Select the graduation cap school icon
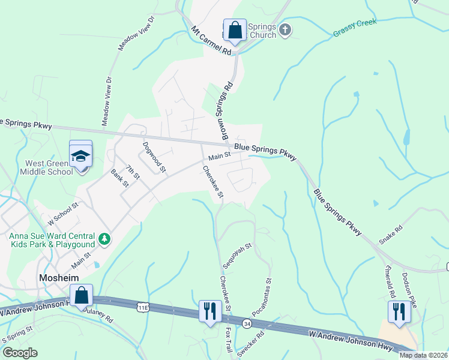tap(80, 155)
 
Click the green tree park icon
tap(105, 239)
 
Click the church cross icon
tap(285, 29)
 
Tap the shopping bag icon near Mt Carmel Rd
tap(235, 29)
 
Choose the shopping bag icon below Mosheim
tap(81, 295)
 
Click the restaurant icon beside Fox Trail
tap(209, 311)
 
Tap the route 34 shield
tap(247, 323)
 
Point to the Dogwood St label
tap(154, 157)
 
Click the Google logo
tap(20, 353)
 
